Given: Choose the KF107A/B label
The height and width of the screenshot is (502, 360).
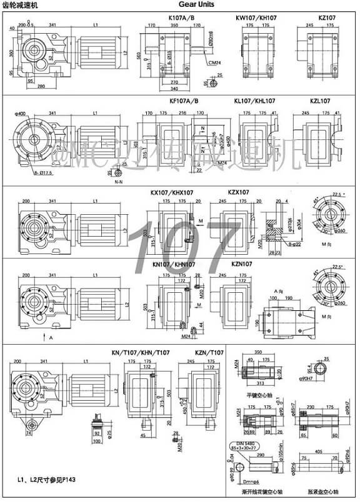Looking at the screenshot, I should point(184,101).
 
